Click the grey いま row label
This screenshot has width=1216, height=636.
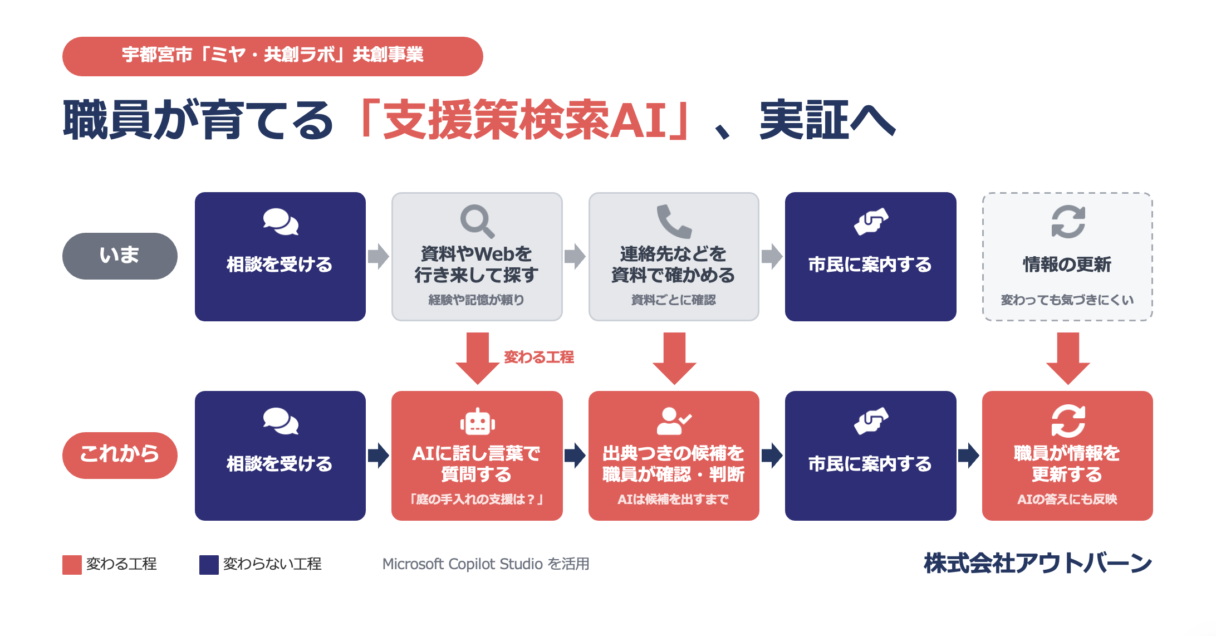click(120, 256)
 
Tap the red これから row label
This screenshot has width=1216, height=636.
click(120, 455)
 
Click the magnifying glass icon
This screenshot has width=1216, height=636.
click(477, 221)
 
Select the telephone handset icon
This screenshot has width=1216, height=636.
click(674, 221)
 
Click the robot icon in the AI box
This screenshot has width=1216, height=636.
click(477, 421)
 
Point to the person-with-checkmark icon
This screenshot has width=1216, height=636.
click(674, 421)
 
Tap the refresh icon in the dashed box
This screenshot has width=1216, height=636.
click(1068, 221)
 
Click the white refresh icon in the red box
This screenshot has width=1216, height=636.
click(1068, 420)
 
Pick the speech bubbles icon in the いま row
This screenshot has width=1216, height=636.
click(281, 222)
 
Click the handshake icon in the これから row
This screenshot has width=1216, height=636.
click(871, 421)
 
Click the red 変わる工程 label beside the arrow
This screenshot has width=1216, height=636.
click(538, 357)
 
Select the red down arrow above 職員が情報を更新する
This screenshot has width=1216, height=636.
click(1068, 359)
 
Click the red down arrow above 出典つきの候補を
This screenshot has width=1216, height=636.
click(674, 359)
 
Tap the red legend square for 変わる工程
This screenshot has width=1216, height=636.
click(72, 565)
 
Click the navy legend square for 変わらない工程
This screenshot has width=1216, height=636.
click(209, 565)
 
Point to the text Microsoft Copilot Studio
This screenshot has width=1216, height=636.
click(462, 564)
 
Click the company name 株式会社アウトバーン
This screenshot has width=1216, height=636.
click(1038, 563)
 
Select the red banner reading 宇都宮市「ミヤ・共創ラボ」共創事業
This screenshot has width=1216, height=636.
click(273, 56)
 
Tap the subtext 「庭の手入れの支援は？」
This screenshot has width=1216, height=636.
click(477, 499)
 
